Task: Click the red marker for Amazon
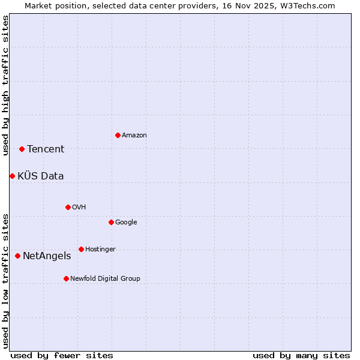pyautogui.click(x=118, y=135)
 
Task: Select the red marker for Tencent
pyautogui.click(x=22, y=149)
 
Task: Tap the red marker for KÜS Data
pyautogui.click(x=12, y=176)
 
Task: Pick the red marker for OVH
pyautogui.click(x=68, y=207)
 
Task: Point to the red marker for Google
pyautogui.click(x=111, y=222)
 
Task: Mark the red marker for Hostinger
pyautogui.click(x=81, y=249)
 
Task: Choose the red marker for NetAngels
pyautogui.click(x=17, y=256)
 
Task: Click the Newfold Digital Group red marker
pyautogui.click(x=66, y=278)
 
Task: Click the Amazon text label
pyautogui.click(x=134, y=136)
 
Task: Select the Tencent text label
pyautogui.click(x=46, y=149)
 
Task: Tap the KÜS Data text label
pyautogui.click(x=41, y=176)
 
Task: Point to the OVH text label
pyautogui.click(x=79, y=208)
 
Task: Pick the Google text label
pyautogui.click(x=126, y=223)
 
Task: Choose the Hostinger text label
pyautogui.click(x=100, y=250)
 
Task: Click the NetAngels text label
pyautogui.click(x=47, y=256)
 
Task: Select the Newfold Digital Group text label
pyautogui.click(x=105, y=279)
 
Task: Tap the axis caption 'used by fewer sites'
pyautogui.click(x=62, y=355)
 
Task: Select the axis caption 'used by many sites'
pyautogui.click(x=301, y=355)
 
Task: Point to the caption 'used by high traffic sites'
pyautogui.click(x=6, y=85)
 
